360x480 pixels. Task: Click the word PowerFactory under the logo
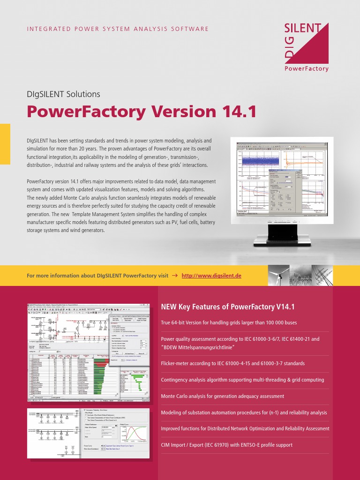point(307,68)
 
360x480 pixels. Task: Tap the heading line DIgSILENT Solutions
point(63,94)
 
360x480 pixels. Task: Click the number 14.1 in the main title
point(237,112)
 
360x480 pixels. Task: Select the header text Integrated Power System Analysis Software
point(118,29)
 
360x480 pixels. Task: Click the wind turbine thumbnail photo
point(278,276)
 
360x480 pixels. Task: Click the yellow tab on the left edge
point(5,144)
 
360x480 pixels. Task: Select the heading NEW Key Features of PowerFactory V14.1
point(227,307)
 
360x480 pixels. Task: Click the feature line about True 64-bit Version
point(229,323)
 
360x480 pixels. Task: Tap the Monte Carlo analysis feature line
point(222,396)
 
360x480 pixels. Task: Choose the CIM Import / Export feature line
point(226,445)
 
